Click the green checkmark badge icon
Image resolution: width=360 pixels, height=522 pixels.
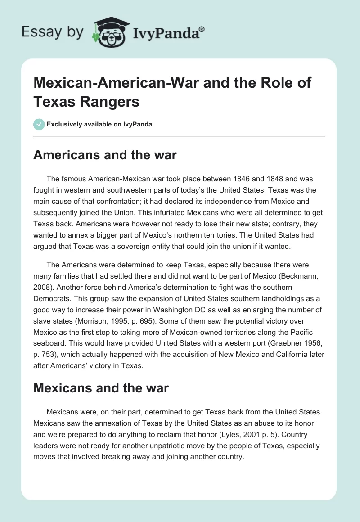point(39,124)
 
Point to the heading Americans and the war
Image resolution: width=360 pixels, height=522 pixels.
point(105,155)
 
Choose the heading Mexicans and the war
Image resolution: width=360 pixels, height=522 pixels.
point(101,388)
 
